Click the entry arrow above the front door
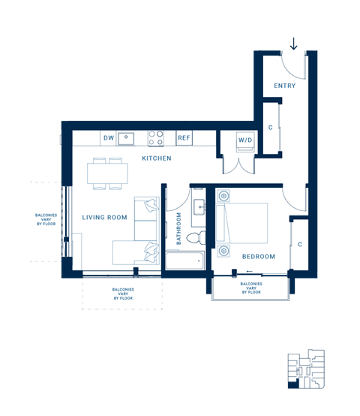tap(293, 43)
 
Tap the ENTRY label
tap(284, 86)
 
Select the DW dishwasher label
tap(109, 138)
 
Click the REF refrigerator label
tap(184, 138)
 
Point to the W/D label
tap(245, 140)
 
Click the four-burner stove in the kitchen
tap(156, 138)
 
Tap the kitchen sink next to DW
tap(128, 137)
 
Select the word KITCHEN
tap(157, 158)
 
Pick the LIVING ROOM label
tap(104, 218)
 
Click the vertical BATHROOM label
tap(179, 229)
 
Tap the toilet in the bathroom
tap(195, 237)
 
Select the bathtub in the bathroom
tap(184, 261)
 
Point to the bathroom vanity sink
tap(199, 208)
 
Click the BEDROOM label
tap(258, 256)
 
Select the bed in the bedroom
tap(242, 222)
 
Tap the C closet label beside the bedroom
tap(299, 245)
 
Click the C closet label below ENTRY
tap(271, 128)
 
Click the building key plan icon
tap(306, 369)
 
